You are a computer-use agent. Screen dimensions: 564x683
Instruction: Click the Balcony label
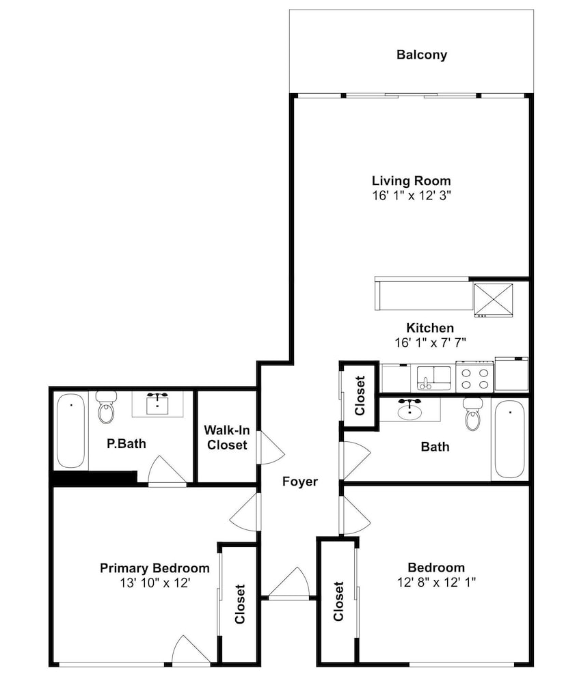(422, 55)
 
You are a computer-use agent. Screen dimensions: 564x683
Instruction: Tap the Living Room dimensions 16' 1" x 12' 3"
(411, 195)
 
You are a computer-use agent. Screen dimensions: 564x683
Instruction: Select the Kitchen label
(430, 328)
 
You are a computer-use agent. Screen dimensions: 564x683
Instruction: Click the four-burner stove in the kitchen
(475, 377)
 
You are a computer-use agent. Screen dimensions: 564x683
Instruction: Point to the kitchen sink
(433, 378)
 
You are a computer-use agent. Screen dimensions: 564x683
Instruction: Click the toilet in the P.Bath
(107, 407)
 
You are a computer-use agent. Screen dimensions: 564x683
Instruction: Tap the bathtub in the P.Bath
(70, 431)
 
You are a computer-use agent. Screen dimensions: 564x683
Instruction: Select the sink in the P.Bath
(157, 404)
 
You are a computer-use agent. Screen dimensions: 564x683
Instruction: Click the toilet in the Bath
(472, 414)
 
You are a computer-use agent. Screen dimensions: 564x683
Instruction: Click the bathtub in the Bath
(510, 439)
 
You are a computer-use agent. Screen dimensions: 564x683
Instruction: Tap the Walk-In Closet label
(227, 438)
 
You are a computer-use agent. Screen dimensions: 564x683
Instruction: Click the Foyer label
(300, 482)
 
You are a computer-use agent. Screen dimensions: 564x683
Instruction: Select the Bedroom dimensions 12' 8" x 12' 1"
(436, 582)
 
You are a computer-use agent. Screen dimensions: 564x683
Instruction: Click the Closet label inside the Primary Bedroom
(240, 604)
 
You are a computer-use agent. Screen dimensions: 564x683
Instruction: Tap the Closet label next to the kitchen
(360, 395)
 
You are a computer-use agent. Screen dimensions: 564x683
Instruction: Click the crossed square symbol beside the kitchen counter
(494, 300)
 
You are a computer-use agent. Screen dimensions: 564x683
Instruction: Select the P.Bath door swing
(167, 471)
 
